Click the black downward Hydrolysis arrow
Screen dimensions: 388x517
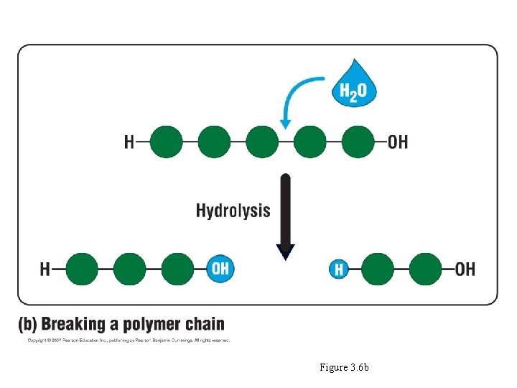[285, 216]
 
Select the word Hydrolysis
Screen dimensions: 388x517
[233, 211]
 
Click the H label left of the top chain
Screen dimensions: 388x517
[129, 142]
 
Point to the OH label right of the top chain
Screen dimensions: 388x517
[397, 142]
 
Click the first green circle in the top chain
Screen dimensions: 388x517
[166, 142]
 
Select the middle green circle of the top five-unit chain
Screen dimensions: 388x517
[262, 142]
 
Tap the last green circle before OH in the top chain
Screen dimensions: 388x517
[358, 142]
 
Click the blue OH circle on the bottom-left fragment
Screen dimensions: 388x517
[220, 269]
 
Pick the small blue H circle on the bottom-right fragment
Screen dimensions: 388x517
[339, 269]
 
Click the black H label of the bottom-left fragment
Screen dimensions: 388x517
[45, 269]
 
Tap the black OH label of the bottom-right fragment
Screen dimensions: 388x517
[465, 269]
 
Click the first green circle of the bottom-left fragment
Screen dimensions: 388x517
[82, 269]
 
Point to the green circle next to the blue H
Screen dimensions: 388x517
[378, 269]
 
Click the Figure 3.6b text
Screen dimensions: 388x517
[344, 368]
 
